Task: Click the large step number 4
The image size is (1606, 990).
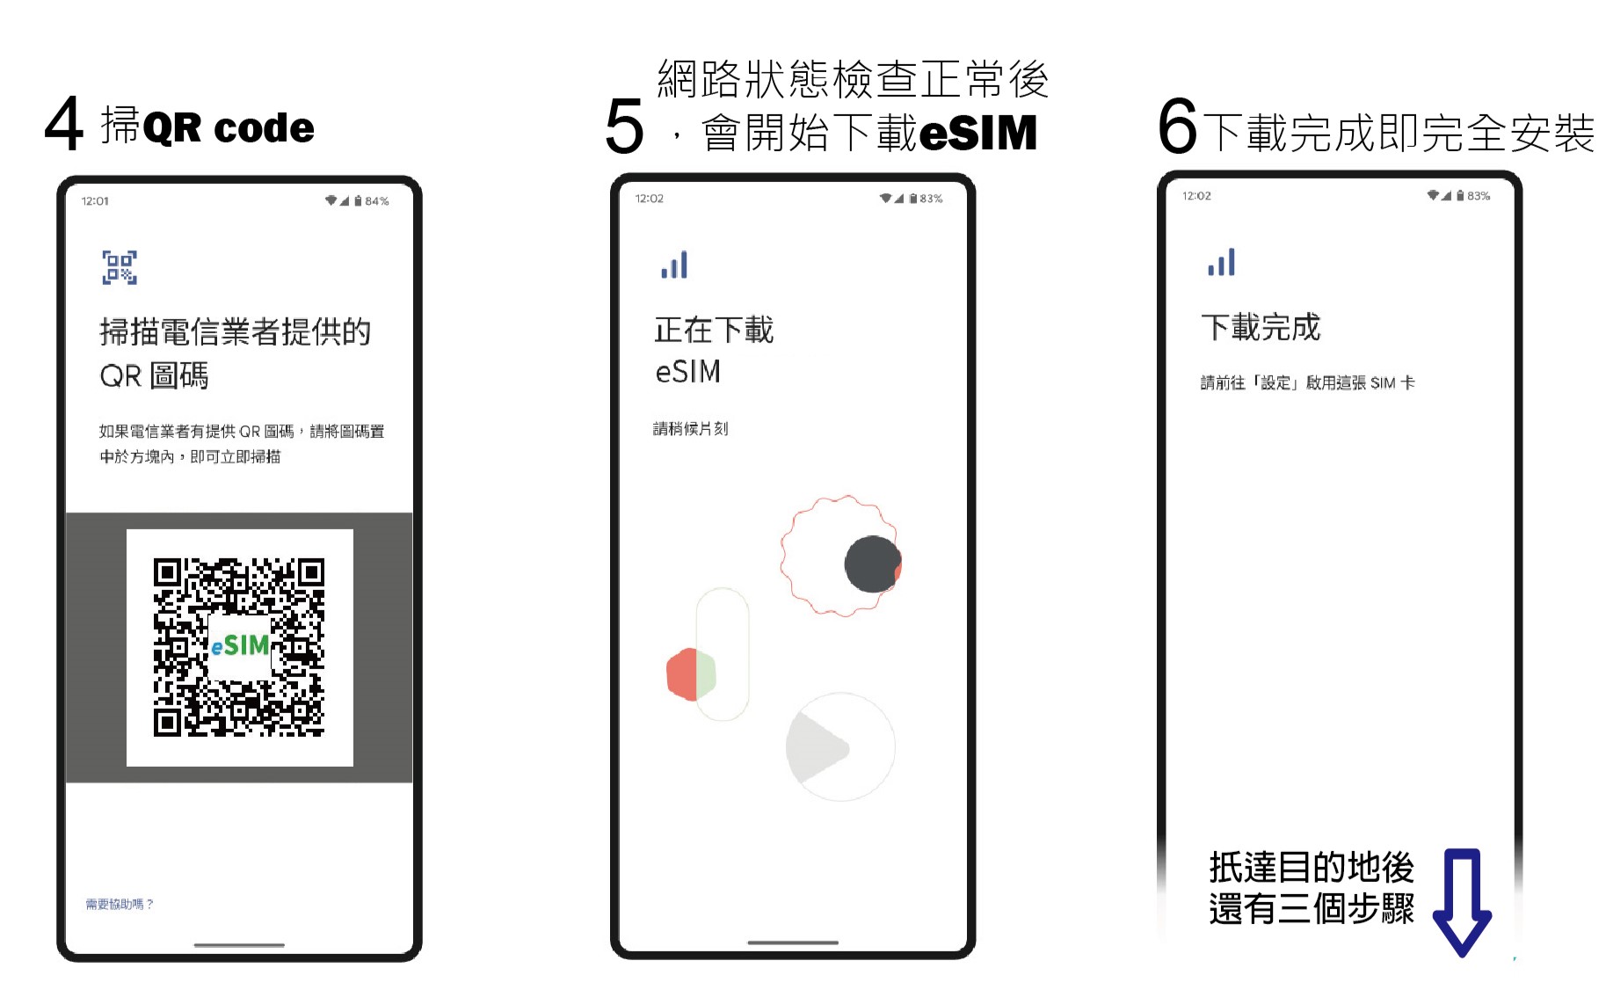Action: click(64, 125)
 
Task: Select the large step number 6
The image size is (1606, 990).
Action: click(1178, 126)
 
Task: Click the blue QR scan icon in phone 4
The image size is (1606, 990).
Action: click(120, 267)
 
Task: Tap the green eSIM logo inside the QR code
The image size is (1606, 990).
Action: click(240, 646)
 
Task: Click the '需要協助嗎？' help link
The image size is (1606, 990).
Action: click(119, 904)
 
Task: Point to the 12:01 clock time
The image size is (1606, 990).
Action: click(95, 201)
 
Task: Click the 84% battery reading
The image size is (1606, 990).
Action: click(377, 201)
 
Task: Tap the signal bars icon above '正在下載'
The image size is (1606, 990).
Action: click(674, 265)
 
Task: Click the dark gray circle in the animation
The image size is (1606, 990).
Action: click(871, 564)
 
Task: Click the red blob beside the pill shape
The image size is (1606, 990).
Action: click(682, 674)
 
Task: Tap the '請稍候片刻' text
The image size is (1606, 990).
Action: click(690, 429)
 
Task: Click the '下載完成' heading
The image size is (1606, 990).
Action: click(1261, 327)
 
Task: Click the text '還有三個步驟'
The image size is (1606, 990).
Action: click(1311, 909)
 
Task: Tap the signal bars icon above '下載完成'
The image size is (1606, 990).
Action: click(1221, 262)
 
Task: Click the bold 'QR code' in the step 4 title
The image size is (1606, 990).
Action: click(228, 128)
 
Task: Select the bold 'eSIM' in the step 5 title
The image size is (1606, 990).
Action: click(977, 133)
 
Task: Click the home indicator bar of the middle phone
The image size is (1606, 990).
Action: click(792, 943)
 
